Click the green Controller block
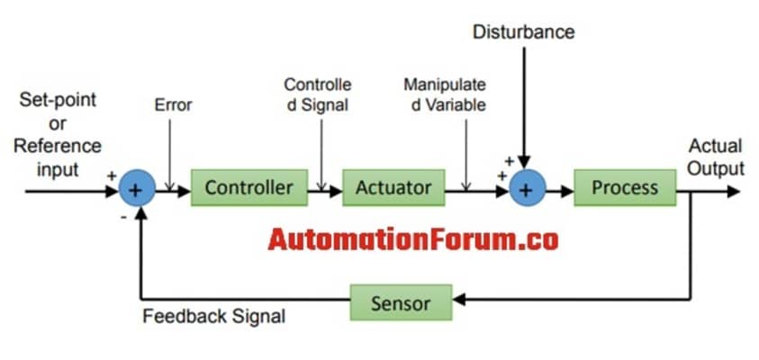[248, 188]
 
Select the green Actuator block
[393, 188]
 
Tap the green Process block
[624, 188]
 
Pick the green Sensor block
[400, 302]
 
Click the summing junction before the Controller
[137, 189]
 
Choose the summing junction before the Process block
[527, 189]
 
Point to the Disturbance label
[523, 32]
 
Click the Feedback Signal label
[213, 317]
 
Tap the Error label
[173, 105]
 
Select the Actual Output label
[716, 157]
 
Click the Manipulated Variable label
[445, 94]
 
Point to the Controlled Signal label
[317, 94]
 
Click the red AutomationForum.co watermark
[413, 239]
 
